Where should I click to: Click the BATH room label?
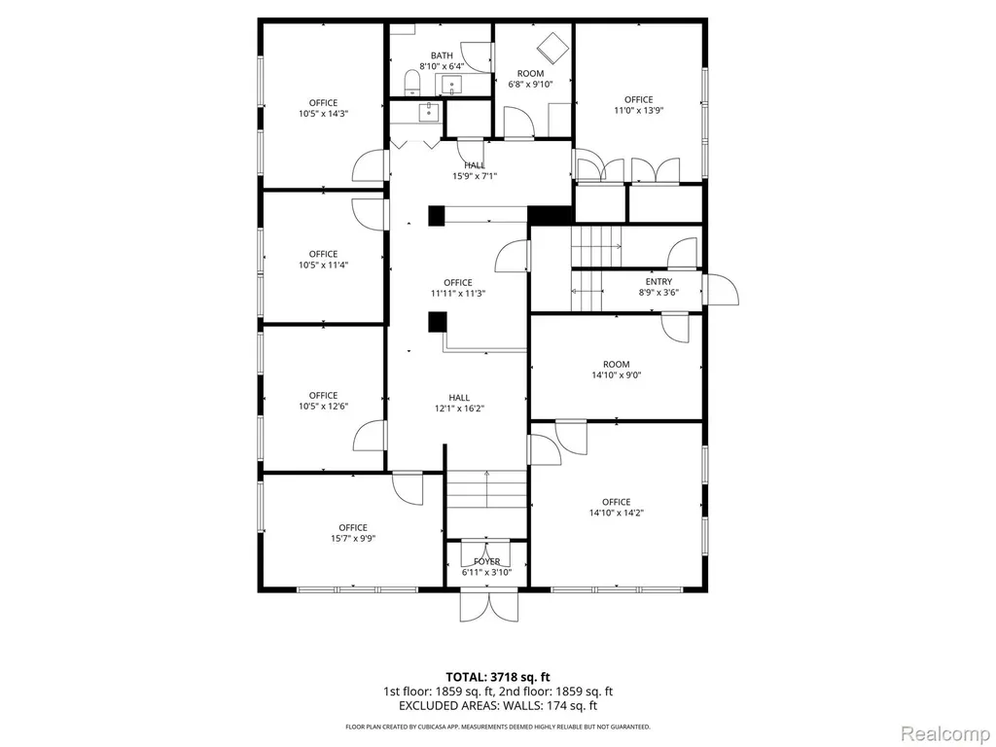(x=442, y=55)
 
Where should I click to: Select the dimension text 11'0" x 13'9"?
(x=638, y=111)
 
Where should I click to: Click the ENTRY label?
(x=658, y=281)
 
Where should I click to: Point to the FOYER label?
(x=486, y=561)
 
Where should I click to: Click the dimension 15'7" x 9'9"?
(x=352, y=539)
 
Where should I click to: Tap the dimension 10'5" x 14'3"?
(x=323, y=114)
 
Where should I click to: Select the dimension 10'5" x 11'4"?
(x=323, y=265)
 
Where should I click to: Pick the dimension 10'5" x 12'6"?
(x=323, y=407)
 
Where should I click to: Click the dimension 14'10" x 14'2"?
(x=616, y=513)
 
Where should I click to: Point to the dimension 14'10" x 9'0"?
(x=616, y=375)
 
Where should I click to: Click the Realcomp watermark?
(x=943, y=733)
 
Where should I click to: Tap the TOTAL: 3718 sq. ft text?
(x=498, y=677)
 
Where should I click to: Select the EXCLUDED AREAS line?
(x=498, y=706)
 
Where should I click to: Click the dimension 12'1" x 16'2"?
(x=459, y=409)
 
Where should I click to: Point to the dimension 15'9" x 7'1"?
(x=475, y=177)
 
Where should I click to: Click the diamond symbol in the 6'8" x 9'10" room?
(x=551, y=47)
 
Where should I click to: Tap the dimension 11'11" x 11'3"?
(x=458, y=294)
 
